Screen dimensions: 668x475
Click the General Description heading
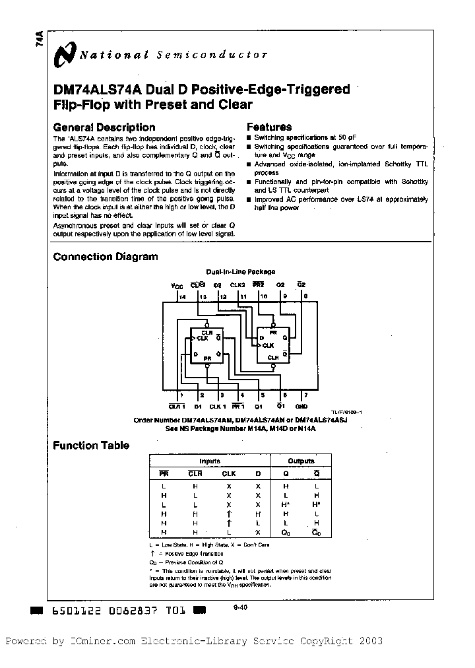pos(104,127)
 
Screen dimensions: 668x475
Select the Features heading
pos(269,127)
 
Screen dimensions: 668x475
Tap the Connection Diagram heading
pos(105,257)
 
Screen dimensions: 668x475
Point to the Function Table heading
pos(91,446)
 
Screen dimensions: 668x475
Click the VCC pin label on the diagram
pos(177,286)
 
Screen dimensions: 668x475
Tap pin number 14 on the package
pos(182,297)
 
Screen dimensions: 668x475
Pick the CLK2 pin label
pos(237,285)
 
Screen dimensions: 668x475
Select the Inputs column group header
pos(210,461)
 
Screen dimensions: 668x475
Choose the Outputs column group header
pos(301,461)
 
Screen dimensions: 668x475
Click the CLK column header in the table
pos(228,473)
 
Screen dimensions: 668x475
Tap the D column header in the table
pos(259,473)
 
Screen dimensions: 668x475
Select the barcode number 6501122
pos(75,612)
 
